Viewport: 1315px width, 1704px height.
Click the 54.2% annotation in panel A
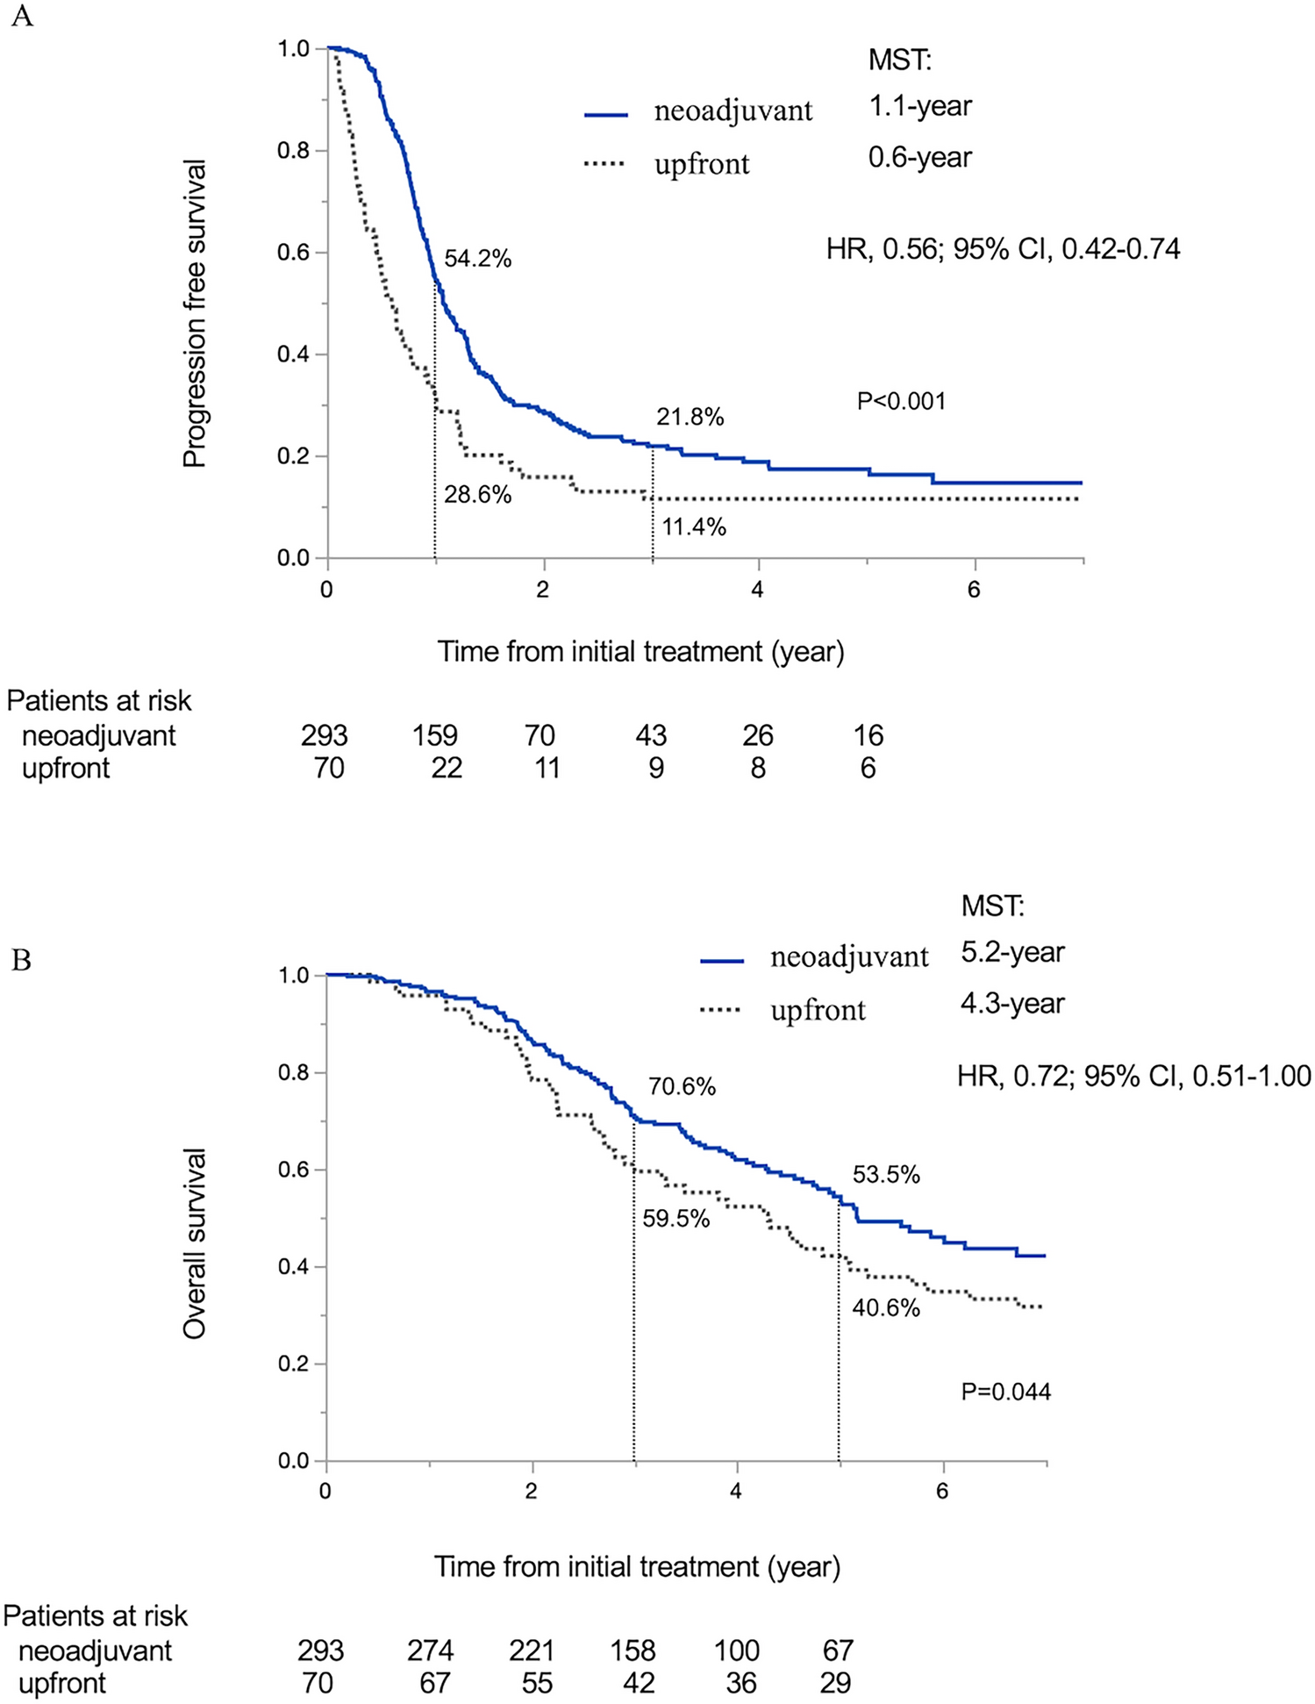click(x=477, y=259)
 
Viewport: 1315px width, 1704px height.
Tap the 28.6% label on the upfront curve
click(x=477, y=495)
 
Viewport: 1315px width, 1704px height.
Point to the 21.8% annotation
click(x=690, y=417)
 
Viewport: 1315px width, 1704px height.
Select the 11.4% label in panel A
click(x=694, y=527)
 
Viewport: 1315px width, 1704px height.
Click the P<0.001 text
click(x=901, y=402)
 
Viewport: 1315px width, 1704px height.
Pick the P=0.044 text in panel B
click(x=1005, y=1392)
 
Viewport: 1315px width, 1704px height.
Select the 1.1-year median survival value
click(x=920, y=106)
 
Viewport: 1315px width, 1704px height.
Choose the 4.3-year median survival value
click(x=1012, y=1003)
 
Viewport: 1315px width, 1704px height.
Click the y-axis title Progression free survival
click(x=195, y=313)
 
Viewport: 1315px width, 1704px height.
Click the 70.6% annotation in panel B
click(x=682, y=1087)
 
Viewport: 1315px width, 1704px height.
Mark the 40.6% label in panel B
click(x=886, y=1308)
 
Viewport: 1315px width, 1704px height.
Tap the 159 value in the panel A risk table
click(x=435, y=735)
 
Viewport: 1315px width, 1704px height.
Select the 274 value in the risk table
click(x=430, y=1650)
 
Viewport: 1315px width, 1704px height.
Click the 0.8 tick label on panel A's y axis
click(x=294, y=151)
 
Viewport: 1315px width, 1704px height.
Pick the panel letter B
click(x=21, y=961)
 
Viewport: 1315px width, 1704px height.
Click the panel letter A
click(x=21, y=17)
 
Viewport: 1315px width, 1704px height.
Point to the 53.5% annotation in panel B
click(x=886, y=1175)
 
